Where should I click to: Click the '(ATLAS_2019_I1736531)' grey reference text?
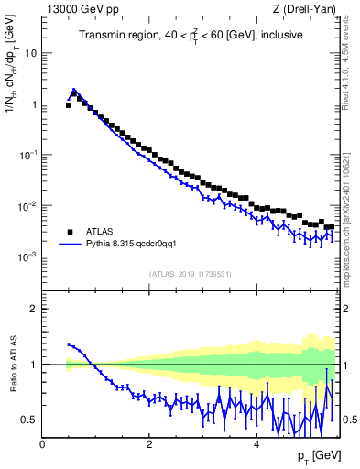coord(191,274)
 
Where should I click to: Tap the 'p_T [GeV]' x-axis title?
coord(317,455)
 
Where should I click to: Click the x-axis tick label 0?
coord(42,444)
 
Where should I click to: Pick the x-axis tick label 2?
coord(148,444)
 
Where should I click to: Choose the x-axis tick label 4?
coord(255,444)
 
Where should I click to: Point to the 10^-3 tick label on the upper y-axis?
coord(27,257)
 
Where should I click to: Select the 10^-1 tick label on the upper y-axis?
coord(27,155)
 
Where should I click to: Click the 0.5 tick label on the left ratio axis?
coord(27,420)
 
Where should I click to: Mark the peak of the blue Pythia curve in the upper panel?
coord(74,90)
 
